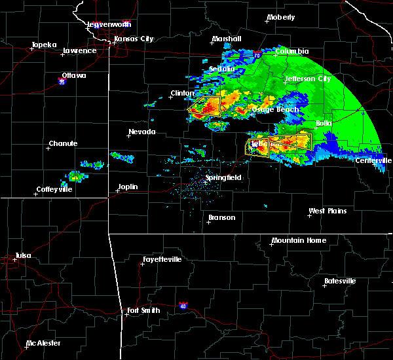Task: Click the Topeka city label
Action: pyautogui.click(x=44, y=45)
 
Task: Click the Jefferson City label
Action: pyautogui.click(x=307, y=79)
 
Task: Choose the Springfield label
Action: pyautogui.click(x=223, y=177)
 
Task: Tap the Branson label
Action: pyautogui.click(x=221, y=217)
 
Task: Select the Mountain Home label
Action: pyautogui.click(x=298, y=240)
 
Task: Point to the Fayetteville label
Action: pyautogui.click(x=163, y=259)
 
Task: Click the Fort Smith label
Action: pyautogui.click(x=143, y=310)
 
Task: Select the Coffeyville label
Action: pyautogui.click(x=56, y=189)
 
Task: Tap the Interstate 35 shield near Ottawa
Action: pyautogui.click(x=62, y=82)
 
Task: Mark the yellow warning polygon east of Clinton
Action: pyautogui.click(x=206, y=106)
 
